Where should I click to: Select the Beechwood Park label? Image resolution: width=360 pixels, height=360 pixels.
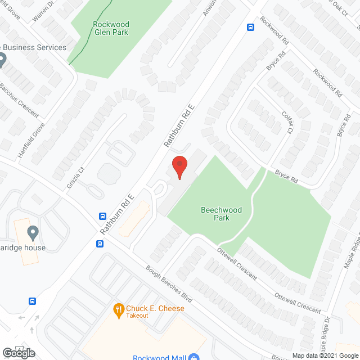[x=221, y=214]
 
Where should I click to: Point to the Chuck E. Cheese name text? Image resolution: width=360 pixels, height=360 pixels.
[x=155, y=308]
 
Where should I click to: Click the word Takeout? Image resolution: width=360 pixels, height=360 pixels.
[x=137, y=316]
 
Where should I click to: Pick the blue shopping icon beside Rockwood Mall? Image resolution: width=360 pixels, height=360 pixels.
[x=193, y=357]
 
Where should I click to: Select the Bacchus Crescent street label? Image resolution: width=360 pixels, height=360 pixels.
[x=19, y=101]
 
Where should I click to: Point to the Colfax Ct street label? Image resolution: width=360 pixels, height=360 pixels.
[x=287, y=122]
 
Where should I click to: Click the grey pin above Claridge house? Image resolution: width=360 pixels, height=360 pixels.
[x=33, y=232]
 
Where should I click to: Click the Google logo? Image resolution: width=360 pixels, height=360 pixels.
[x=18, y=353]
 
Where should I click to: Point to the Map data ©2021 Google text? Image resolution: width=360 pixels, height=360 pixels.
[x=325, y=355]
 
